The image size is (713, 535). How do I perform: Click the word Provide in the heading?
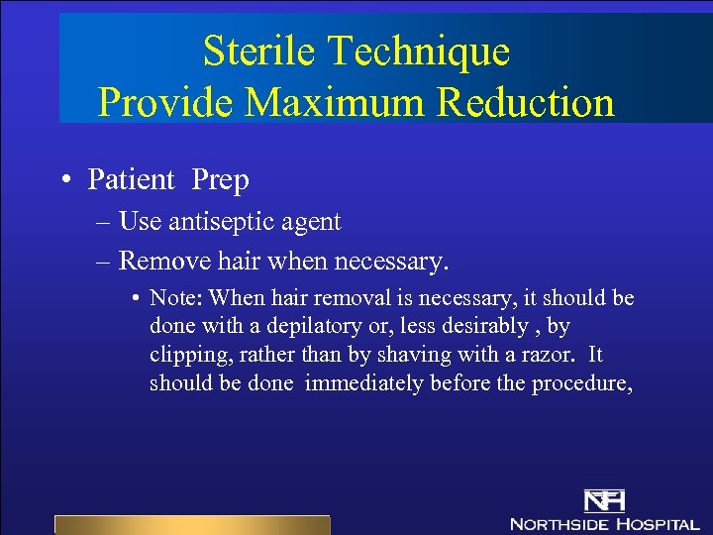click(x=162, y=103)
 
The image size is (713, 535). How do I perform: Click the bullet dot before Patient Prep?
click(x=64, y=180)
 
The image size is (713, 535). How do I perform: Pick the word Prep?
click(x=220, y=180)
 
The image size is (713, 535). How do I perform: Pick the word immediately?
click(x=362, y=383)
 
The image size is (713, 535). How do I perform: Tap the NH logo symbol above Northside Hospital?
click(x=604, y=501)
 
